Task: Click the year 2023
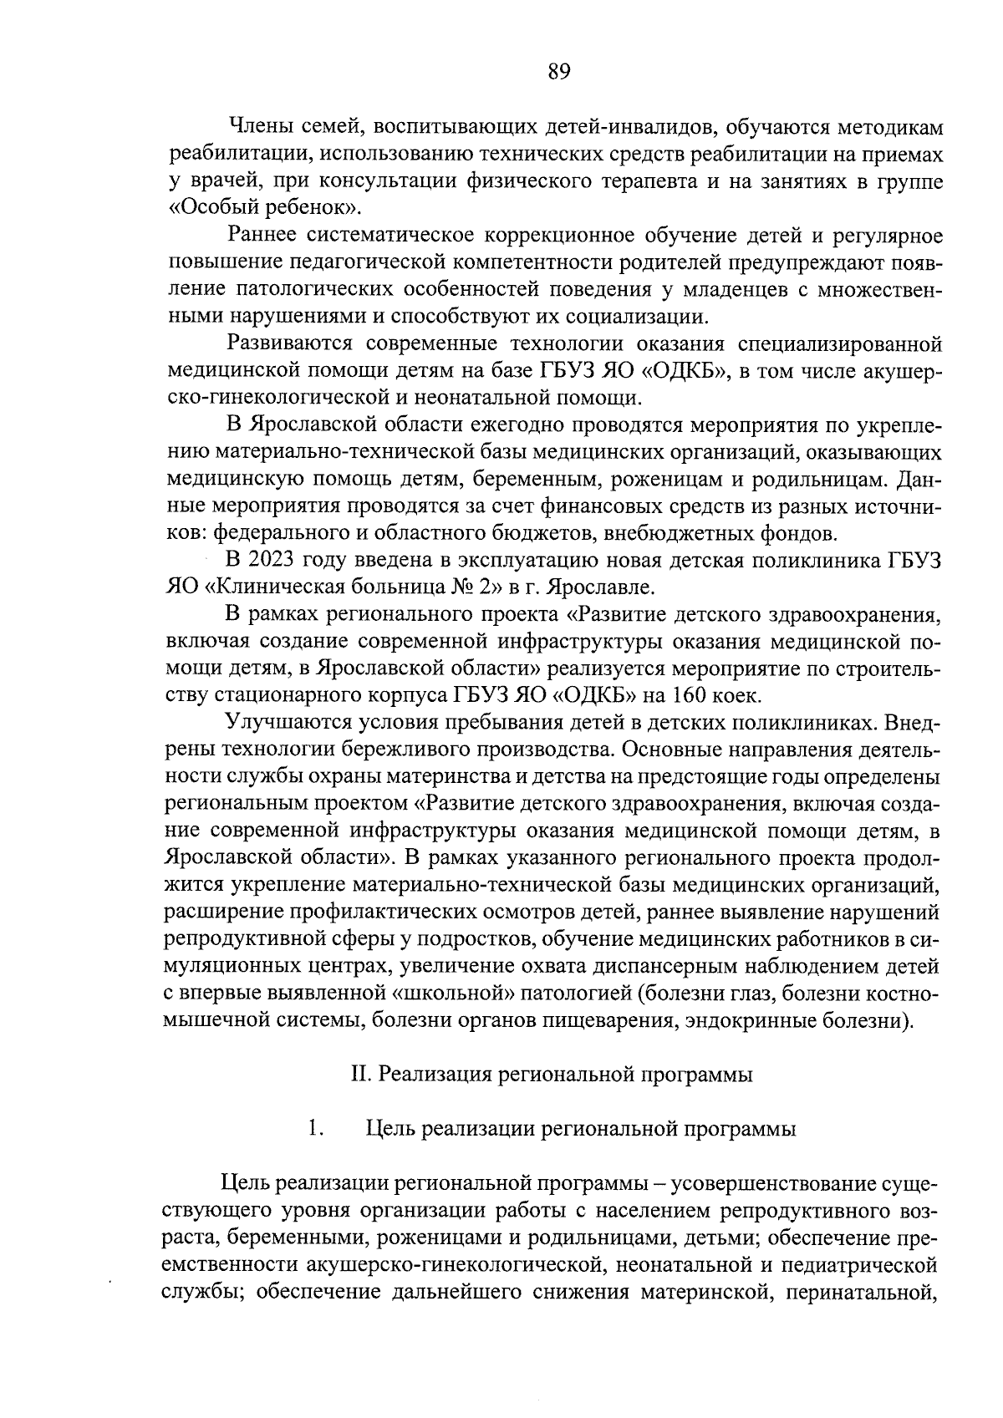pyautogui.click(x=278, y=561)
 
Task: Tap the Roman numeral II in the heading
pyautogui.click(x=360, y=1075)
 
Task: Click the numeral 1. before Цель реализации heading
pyautogui.click(x=314, y=1129)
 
